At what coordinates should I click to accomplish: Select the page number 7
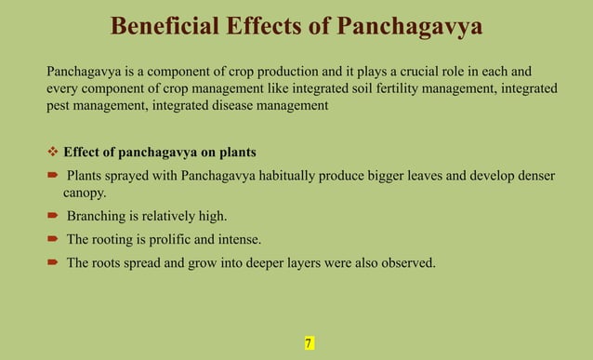pyautogui.click(x=308, y=344)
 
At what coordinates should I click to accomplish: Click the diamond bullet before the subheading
pyautogui.click(x=53, y=152)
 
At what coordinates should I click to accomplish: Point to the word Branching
pyautogui.click(x=96, y=217)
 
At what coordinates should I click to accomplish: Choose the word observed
pyautogui.click(x=404, y=263)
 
